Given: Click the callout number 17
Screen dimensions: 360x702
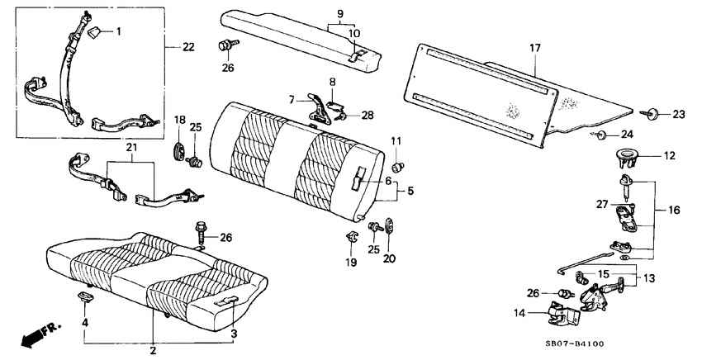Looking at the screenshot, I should [534, 49].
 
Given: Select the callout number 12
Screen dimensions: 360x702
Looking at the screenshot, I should [670, 154].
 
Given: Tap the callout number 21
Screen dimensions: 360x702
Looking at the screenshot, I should [129, 148].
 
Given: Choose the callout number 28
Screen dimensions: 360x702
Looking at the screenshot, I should [367, 115].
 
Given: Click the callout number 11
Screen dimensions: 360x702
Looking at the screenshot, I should [396, 141].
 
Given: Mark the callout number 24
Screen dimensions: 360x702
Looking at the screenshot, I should [628, 134].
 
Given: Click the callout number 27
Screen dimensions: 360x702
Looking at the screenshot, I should [604, 202].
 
